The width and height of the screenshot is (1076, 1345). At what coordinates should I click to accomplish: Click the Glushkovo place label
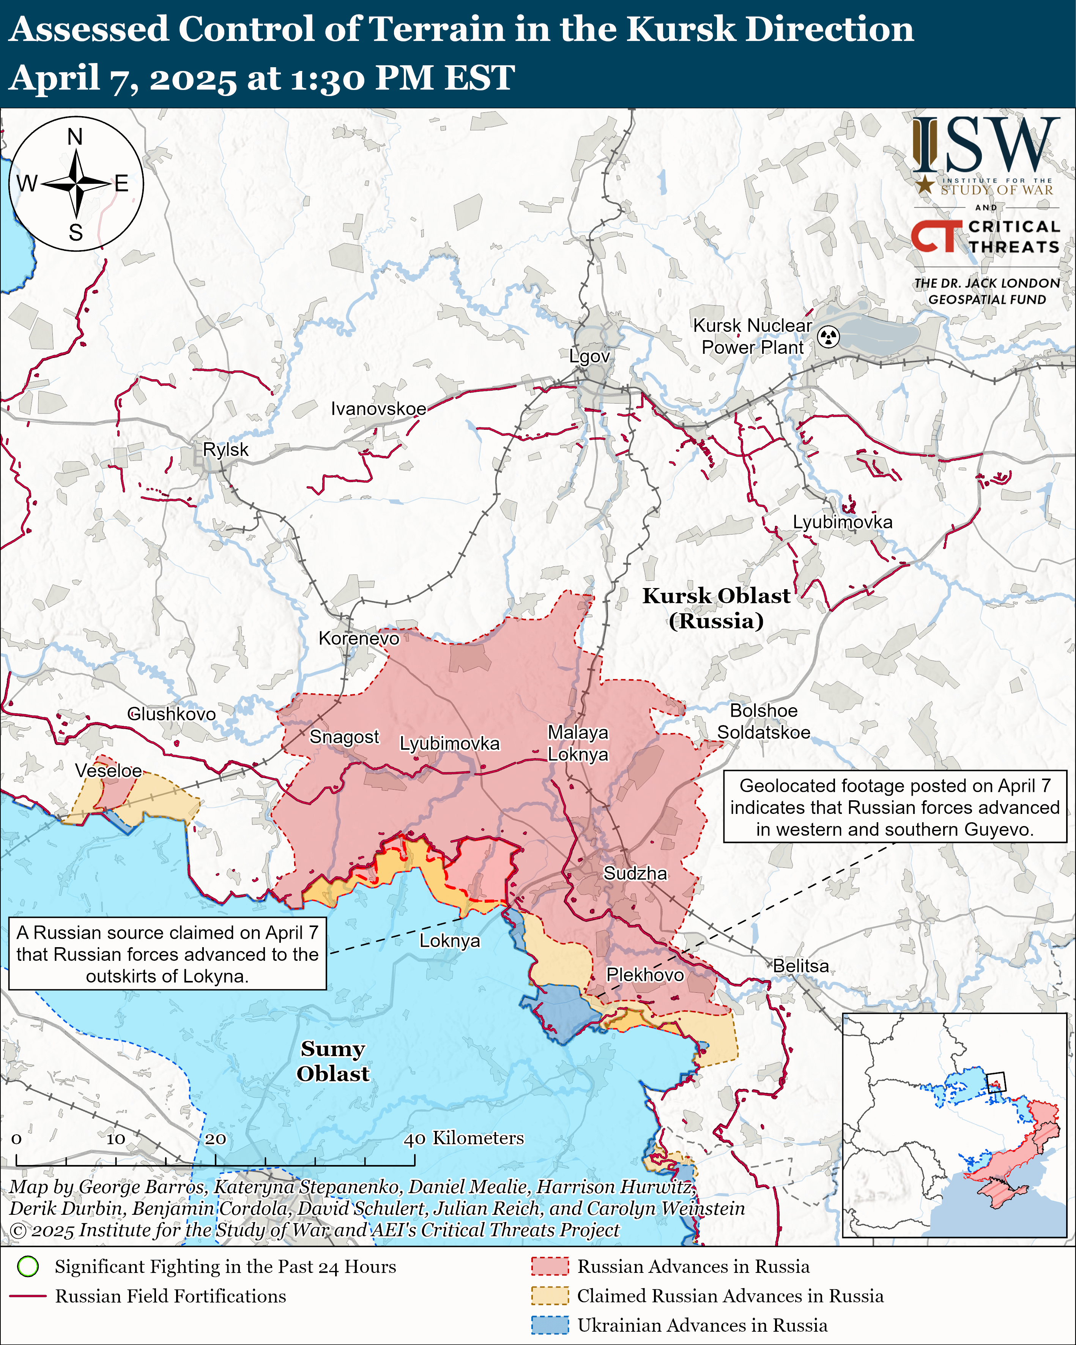172,714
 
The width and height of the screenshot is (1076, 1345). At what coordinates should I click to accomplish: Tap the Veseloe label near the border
109,771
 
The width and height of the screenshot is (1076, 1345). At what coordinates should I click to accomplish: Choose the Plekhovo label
645,974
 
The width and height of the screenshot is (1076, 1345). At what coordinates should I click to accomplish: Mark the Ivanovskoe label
379,408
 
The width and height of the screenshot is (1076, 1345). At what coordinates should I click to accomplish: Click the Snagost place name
344,737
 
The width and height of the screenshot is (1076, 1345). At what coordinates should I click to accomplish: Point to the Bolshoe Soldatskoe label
764,721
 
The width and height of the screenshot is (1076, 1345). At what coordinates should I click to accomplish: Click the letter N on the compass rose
75,137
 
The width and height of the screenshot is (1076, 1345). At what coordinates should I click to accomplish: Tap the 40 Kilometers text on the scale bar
463,1138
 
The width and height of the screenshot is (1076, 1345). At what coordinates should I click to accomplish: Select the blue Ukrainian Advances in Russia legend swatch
550,1325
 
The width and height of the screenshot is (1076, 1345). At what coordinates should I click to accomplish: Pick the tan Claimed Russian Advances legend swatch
550,1296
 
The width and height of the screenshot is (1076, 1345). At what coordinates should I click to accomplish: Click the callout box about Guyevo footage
895,807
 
